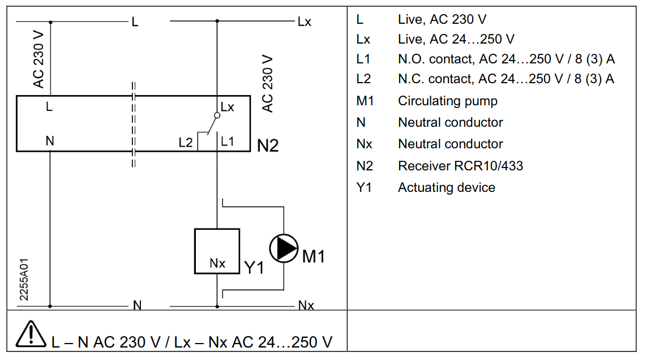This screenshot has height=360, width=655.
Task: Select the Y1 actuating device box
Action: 217,251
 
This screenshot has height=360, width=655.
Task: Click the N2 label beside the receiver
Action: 268,145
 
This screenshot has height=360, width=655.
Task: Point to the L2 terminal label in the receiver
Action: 186,143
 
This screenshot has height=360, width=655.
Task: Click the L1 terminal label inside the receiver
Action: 228,142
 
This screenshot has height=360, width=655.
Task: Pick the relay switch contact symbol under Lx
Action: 212,122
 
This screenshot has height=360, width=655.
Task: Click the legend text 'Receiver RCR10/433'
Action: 460,166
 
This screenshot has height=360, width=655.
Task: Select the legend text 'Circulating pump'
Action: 448,101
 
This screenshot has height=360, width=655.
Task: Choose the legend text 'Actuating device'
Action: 447,187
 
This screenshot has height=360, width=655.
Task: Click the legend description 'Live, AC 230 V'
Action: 442,19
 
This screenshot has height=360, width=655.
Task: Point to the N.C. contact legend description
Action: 506,79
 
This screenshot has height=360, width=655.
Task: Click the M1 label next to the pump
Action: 314,256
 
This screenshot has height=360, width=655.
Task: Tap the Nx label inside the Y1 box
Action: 217,263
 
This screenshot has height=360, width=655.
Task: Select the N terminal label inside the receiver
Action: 49,142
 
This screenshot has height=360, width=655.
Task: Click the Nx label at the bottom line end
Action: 306,306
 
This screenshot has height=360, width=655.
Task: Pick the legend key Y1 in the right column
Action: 363,187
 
